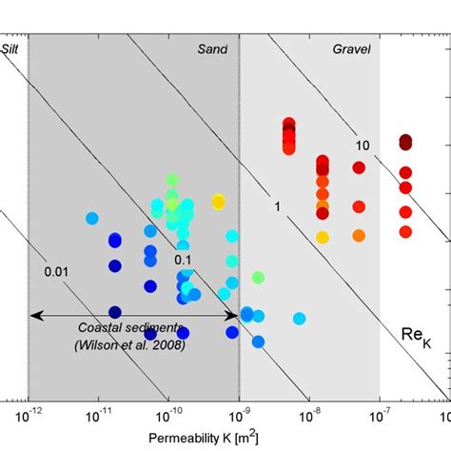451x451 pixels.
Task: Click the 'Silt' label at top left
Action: coord(12,49)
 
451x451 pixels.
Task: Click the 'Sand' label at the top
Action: coord(213,49)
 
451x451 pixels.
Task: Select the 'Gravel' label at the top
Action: coord(351,49)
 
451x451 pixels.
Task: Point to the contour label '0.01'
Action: coord(57,273)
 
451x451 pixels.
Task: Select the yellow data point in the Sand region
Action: coord(219,201)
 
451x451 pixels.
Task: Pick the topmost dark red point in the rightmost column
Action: coord(406,142)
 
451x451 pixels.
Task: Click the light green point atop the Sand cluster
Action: coord(172,179)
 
